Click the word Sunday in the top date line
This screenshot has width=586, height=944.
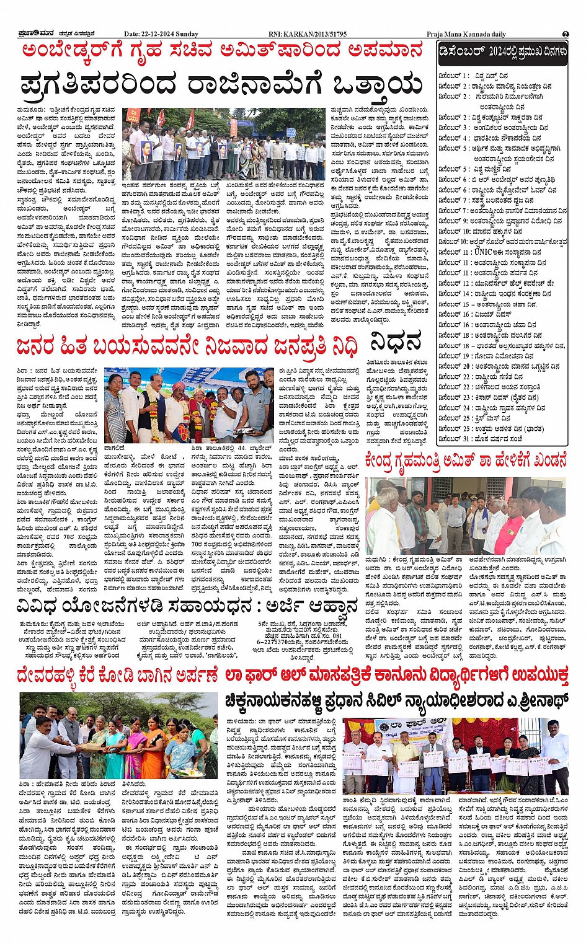coord(187,34)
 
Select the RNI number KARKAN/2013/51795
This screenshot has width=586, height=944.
coord(308,34)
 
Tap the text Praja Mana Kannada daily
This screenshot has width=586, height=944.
coord(466,34)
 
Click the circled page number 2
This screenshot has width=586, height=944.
coord(566,34)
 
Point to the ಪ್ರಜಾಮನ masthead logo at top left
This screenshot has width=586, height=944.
coord(35,33)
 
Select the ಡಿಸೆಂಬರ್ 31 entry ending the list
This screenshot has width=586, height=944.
coord(481,439)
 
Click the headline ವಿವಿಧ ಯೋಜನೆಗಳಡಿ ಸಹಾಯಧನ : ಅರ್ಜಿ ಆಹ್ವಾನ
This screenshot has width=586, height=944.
coord(187,605)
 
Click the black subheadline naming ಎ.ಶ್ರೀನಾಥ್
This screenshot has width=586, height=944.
coord(397,701)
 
